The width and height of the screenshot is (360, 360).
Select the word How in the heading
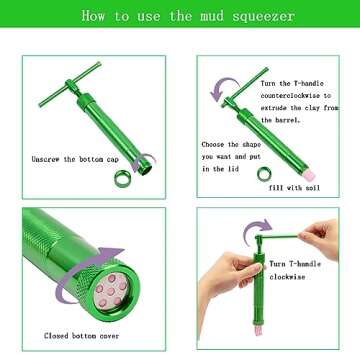pos(94,17)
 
